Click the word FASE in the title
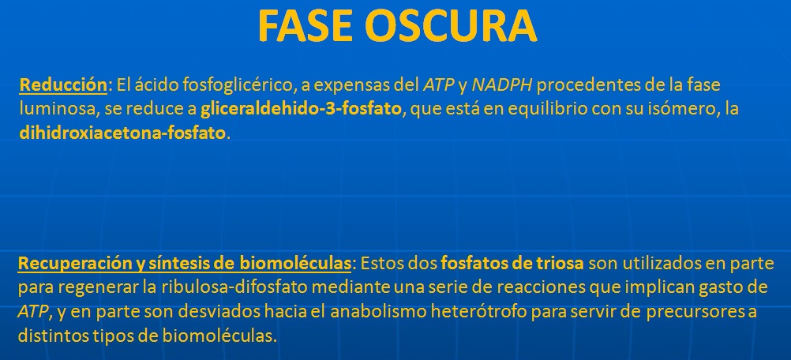tap(304, 26)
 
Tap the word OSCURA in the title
tap(451, 26)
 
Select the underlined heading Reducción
tap(63, 85)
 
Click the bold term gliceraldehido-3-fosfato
tap(302, 109)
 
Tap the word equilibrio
tap(549, 110)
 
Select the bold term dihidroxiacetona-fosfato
tap(122, 133)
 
